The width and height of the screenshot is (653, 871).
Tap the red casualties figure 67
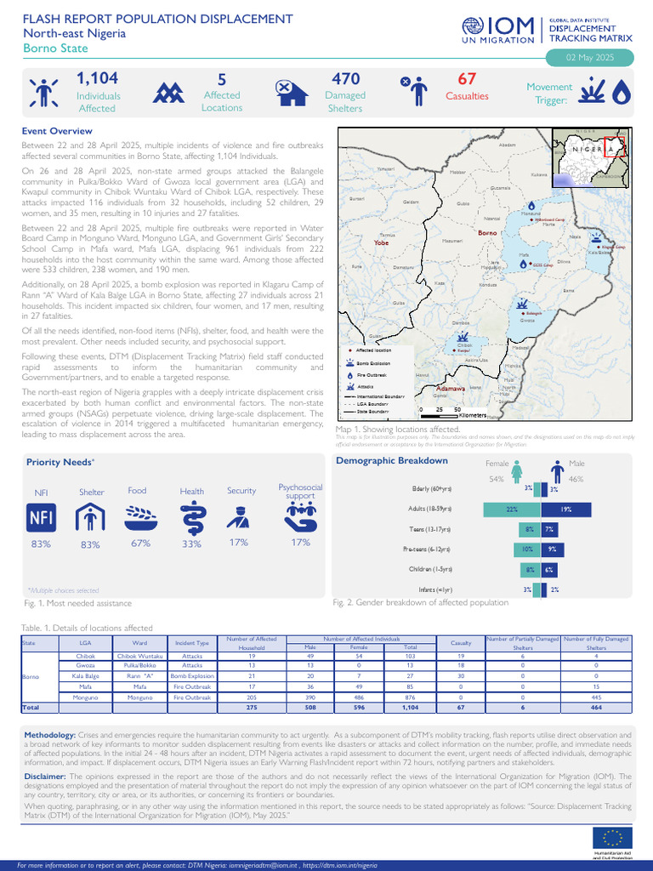point(466,79)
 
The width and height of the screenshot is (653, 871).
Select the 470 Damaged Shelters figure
point(346,79)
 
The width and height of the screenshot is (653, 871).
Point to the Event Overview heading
point(57,131)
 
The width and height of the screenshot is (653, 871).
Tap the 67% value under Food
point(140,543)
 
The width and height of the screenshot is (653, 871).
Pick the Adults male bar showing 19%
point(564,509)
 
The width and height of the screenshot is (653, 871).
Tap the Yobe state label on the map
point(381,242)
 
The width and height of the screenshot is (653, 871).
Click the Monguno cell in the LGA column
point(85,697)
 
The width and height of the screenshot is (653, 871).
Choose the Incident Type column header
point(192,642)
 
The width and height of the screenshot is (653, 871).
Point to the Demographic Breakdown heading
point(392,460)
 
